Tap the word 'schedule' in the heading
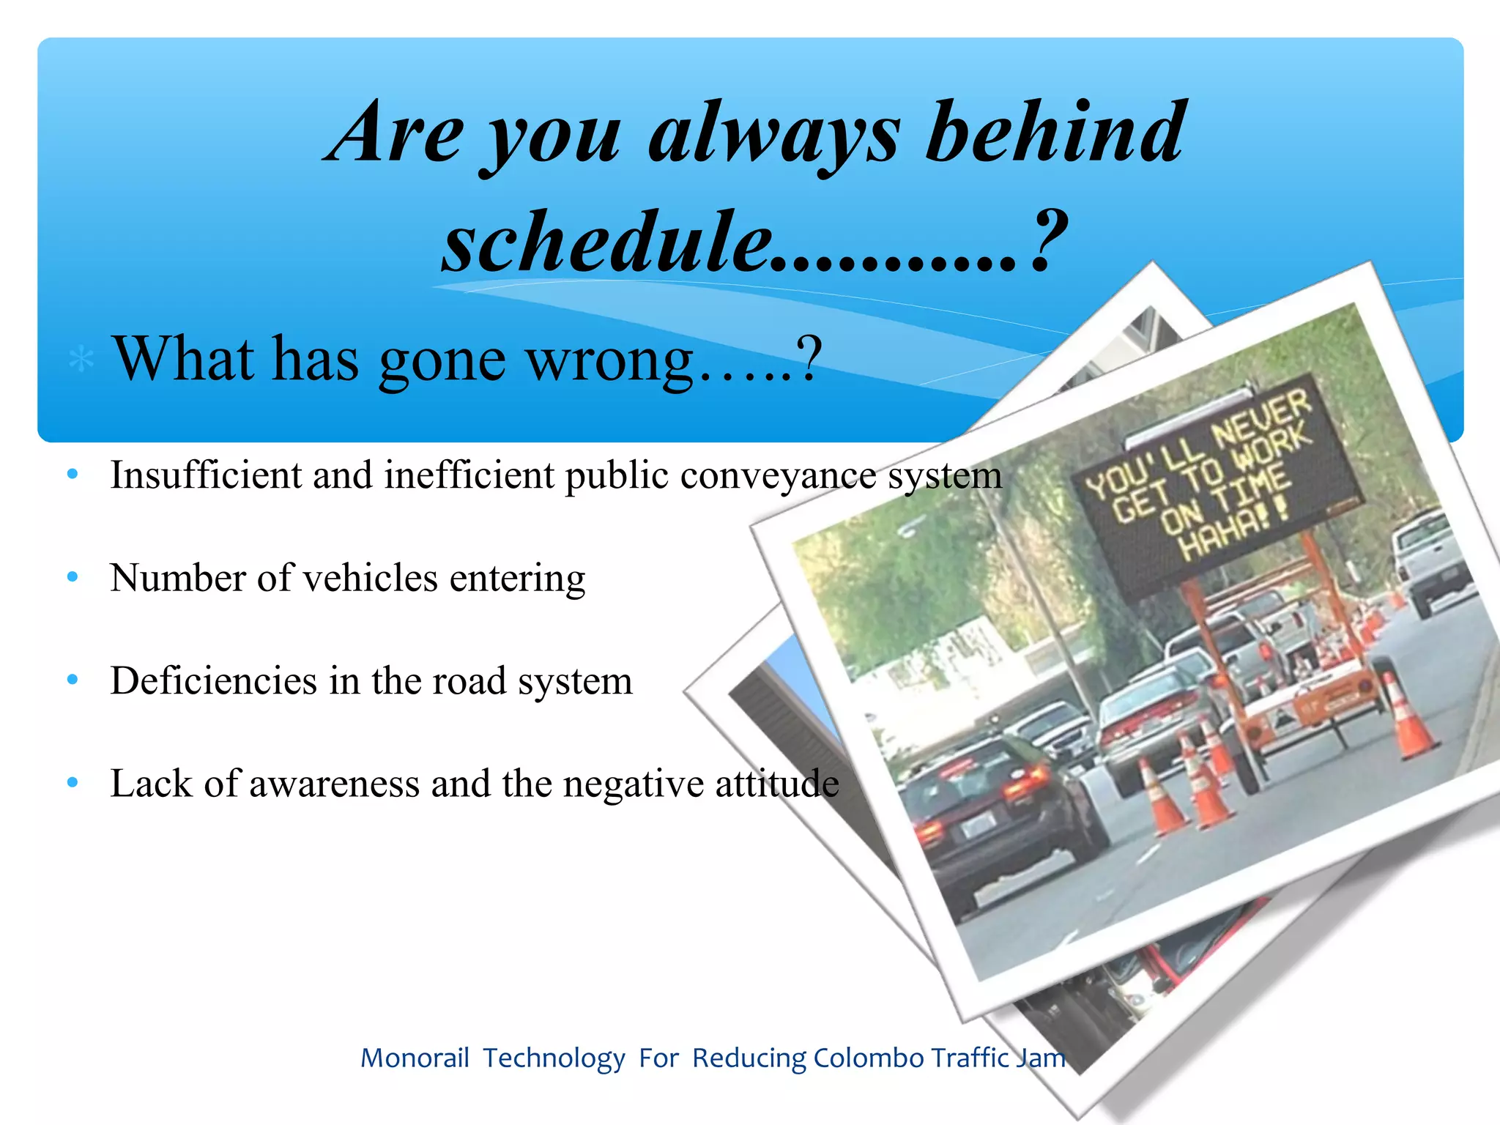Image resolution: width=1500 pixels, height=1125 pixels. (608, 242)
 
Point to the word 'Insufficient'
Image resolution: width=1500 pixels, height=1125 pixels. (205, 475)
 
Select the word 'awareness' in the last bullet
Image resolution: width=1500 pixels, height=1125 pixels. (334, 784)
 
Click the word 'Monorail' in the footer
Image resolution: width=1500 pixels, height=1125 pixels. (415, 1058)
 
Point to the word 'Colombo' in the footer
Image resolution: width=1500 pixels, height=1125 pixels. (869, 1058)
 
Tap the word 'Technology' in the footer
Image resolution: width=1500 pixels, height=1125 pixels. (554, 1058)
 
